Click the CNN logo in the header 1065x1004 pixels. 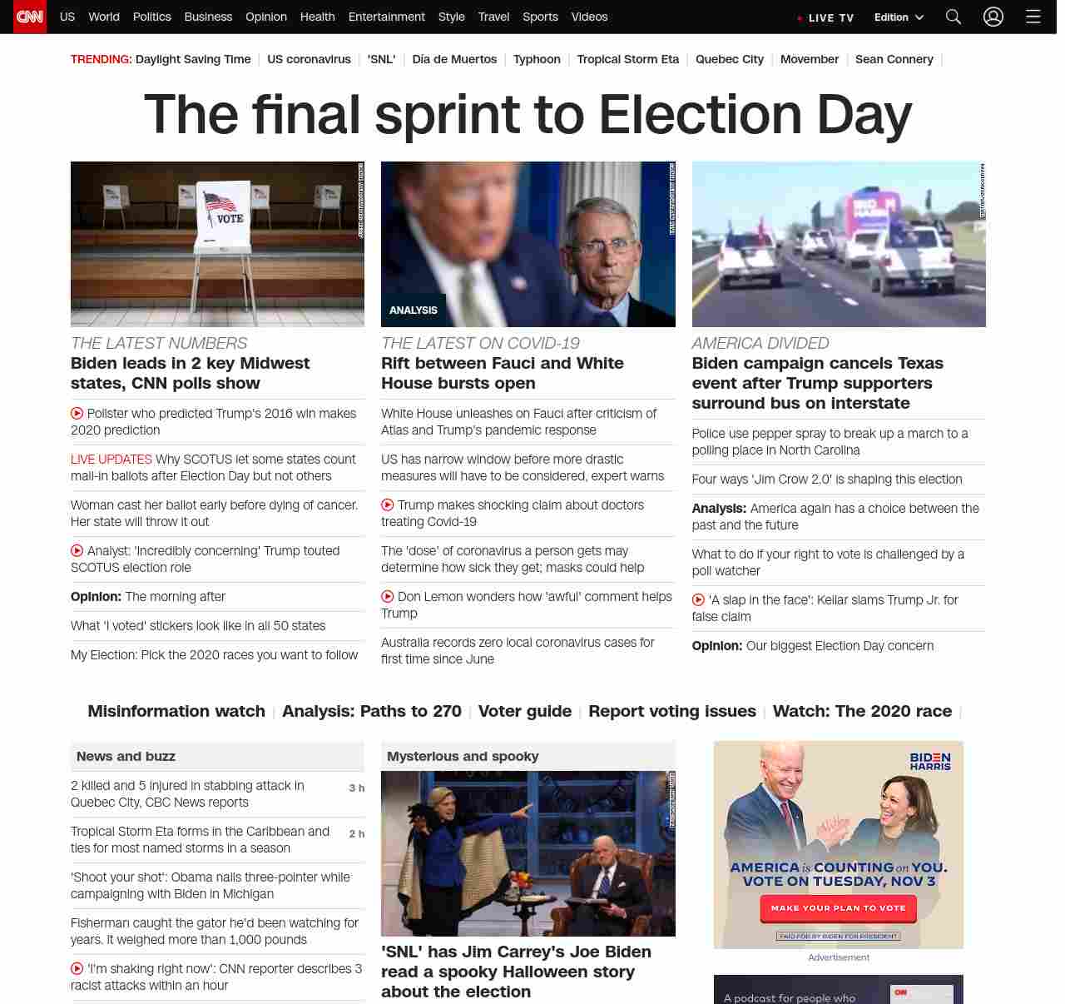click(x=30, y=17)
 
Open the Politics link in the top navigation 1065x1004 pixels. click(x=151, y=17)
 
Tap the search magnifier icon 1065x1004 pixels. click(x=953, y=17)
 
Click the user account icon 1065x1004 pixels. click(x=993, y=17)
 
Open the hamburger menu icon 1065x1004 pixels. click(x=1033, y=17)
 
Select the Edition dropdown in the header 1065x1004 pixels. click(x=899, y=17)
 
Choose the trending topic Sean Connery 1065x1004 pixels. click(x=894, y=59)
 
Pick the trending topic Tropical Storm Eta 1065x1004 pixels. click(x=627, y=59)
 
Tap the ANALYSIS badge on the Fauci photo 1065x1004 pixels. click(x=414, y=310)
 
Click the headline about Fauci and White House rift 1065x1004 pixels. click(x=502, y=373)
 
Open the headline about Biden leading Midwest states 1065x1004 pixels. click(x=190, y=373)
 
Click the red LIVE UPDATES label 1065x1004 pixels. click(x=111, y=459)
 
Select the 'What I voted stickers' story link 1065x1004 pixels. click(x=198, y=625)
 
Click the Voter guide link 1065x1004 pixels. click(x=524, y=711)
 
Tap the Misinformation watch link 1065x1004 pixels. click(x=176, y=711)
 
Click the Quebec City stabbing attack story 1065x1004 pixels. click(x=187, y=793)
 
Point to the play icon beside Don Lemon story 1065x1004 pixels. click(x=388, y=596)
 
